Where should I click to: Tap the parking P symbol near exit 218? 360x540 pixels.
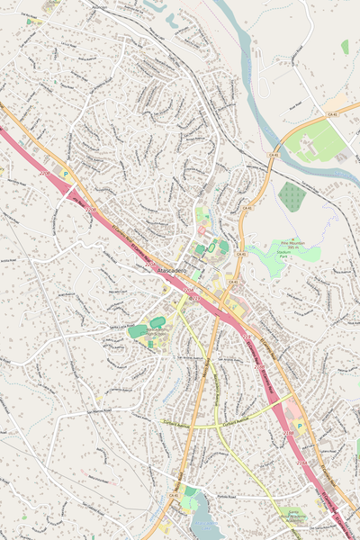click(x=300, y=426)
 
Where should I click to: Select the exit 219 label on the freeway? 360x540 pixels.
click(x=190, y=291)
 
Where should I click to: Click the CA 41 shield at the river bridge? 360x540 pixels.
click(x=271, y=154)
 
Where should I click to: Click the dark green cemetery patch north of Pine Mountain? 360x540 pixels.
click(x=291, y=195)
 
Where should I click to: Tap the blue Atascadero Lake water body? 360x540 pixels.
click(x=205, y=522)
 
